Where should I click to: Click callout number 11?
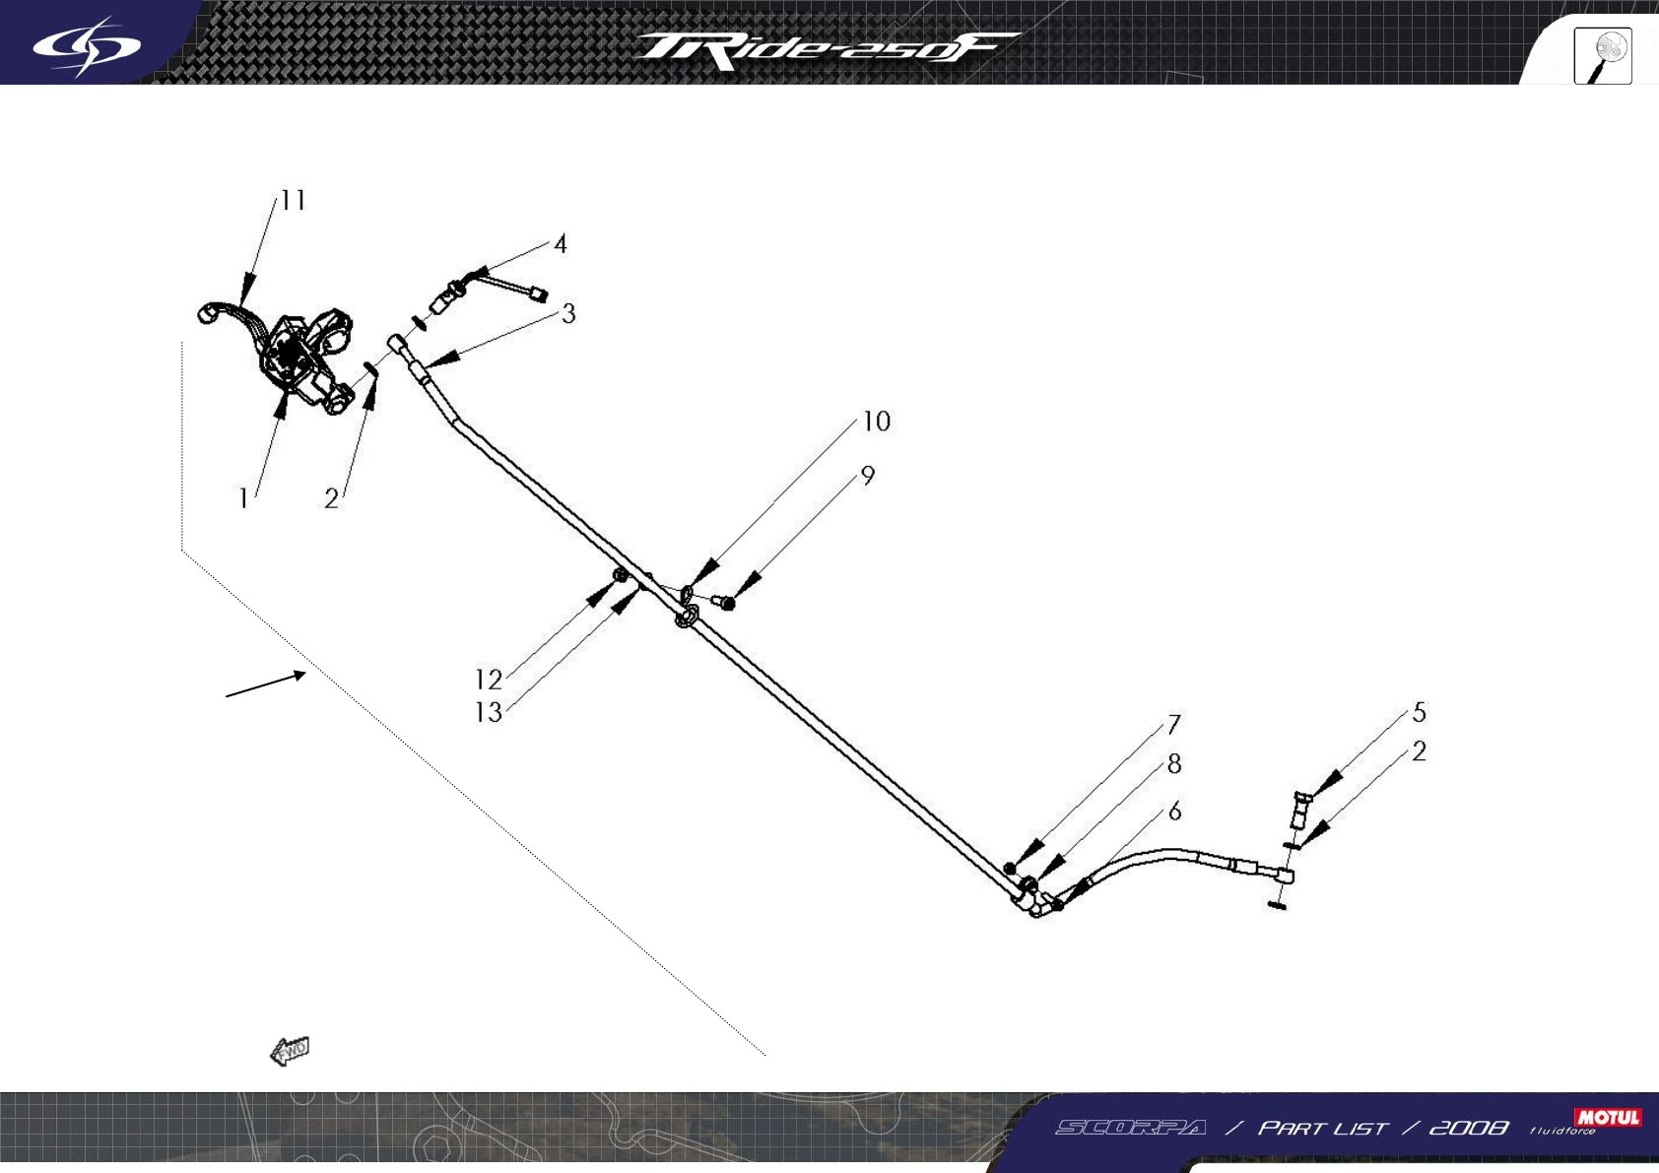pyautogui.click(x=293, y=201)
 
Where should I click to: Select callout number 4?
pyautogui.click(x=561, y=244)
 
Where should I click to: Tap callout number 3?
pyautogui.click(x=568, y=314)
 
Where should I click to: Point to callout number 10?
pyautogui.click(x=876, y=422)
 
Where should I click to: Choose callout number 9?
pyautogui.click(x=867, y=476)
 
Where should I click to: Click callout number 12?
pyautogui.click(x=488, y=680)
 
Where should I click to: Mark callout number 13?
pyautogui.click(x=488, y=712)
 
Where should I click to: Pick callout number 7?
pyautogui.click(x=1173, y=726)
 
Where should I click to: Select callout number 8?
pyautogui.click(x=1173, y=764)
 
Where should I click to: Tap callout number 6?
pyautogui.click(x=1174, y=812)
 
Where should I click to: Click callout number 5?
pyautogui.click(x=1419, y=712)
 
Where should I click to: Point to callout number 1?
pyautogui.click(x=243, y=499)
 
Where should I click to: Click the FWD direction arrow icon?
pyautogui.click(x=290, y=1051)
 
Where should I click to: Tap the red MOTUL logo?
pyautogui.click(x=1608, y=1117)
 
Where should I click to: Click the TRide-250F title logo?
pyautogui.click(x=826, y=49)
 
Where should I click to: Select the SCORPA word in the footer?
pyautogui.click(x=1130, y=1128)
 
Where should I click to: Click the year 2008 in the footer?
pyautogui.click(x=1468, y=1128)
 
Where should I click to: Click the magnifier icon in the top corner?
pyautogui.click(x=1603, y=56)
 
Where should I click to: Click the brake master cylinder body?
pyautogui.click(x=296, y=355)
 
